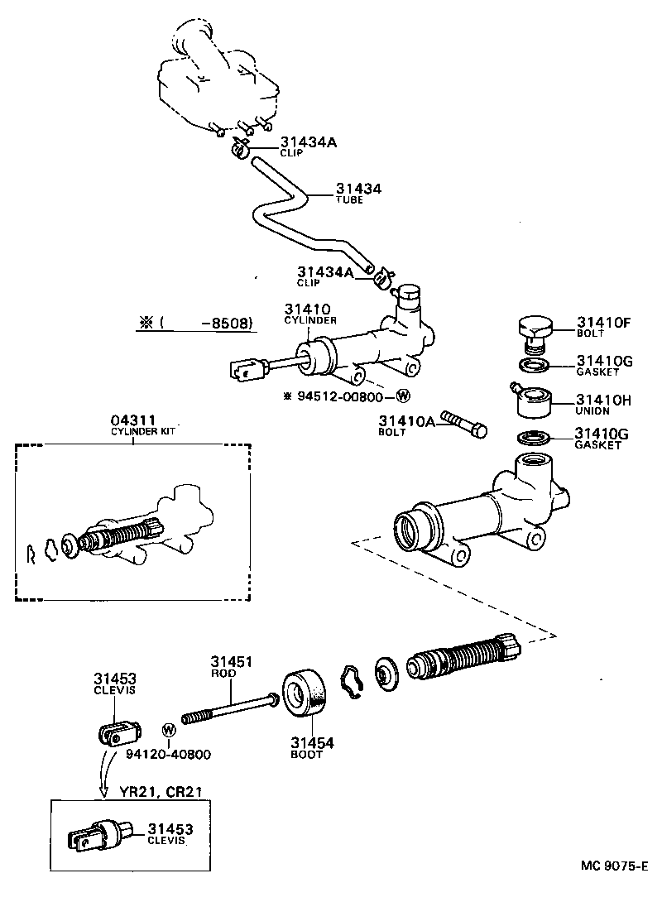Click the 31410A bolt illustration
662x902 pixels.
(464, 420)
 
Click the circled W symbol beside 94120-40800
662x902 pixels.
(169, 730)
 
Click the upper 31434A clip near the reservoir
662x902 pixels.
(240, 149)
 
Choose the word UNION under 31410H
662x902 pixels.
(592, 411)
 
